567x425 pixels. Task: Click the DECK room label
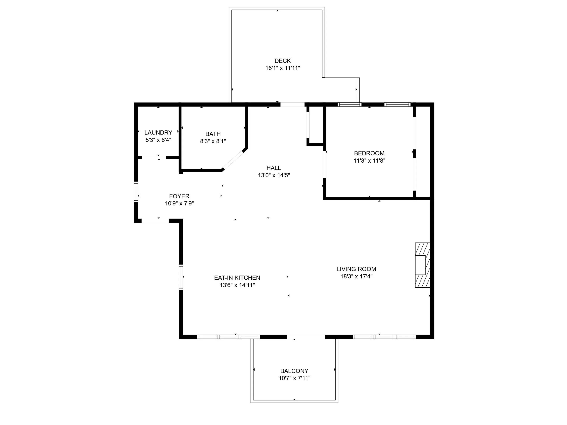pyautogui.click(x=283, y=61)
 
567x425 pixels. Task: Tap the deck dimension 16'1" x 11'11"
pyautogui.click(x=283, y=68)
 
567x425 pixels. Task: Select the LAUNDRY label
pyautogui.click(x=158, y=133)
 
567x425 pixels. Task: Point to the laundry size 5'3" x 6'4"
pyautogui.click(x=158, y=140)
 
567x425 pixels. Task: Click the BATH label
pyautogui.click(x=213, y=134)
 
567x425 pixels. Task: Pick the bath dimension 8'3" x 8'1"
pyautogui.click(x=213, y=141)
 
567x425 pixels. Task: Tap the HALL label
pyautogui.click(x=274, y=168)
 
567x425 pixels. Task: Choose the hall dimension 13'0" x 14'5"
pyautogui.click(x=274, y=175)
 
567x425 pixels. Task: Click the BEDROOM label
pyautogui.click(x=369, y=153)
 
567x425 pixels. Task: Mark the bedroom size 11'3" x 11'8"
pyautogui.click(x=369, y=161)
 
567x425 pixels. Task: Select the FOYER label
pyautogui.click(x=179, y=196)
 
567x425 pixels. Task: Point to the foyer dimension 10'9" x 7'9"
pyautogui.click(x=179, y=203)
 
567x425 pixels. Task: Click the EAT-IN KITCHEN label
pyautogui.click(x=237, y=278)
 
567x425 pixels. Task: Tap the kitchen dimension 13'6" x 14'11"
pyautogui.click(x=237, y=285)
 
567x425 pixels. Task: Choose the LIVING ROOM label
pyautogui.click(x=356, y=269)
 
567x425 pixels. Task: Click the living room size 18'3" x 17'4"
pyautogui.click(x=356, y=276)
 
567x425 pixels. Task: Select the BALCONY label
pyautogui.click(x=294, y=371)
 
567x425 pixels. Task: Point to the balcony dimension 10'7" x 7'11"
pyautogui.click(x=294, y=378)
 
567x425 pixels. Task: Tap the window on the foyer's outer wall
pyautogui.click(x=136, y=192)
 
